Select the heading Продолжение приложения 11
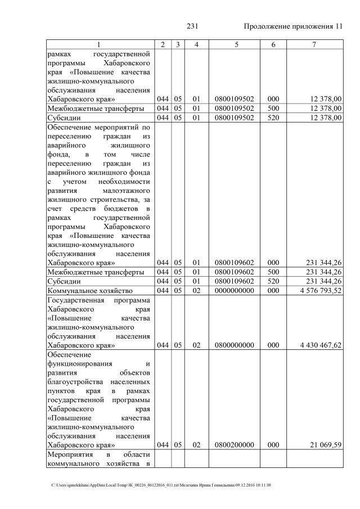pos(292,26)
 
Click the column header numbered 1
pos(99,44)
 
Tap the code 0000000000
pos(235,291)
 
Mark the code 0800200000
pos(235,445)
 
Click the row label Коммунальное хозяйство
pos(90,291)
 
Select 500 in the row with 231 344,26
pos(273,272)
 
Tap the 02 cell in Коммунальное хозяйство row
pos(196,291)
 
